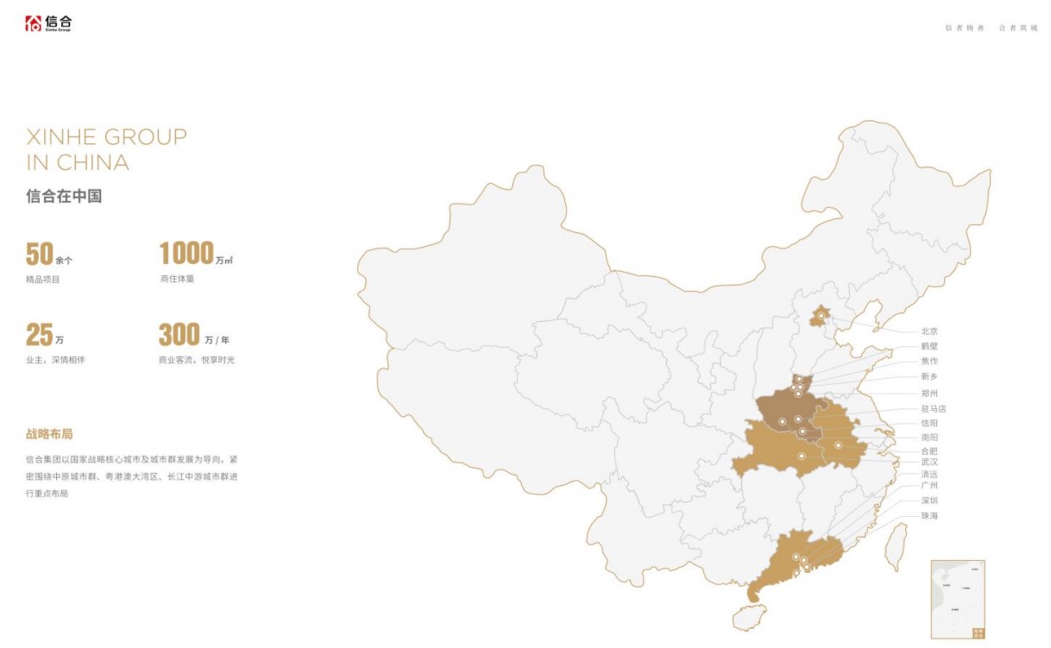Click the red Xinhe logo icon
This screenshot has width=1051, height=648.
(x=33, y=23)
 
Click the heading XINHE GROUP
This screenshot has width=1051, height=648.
(x=106, y=136)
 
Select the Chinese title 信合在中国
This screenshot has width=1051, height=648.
(x=64, y=196)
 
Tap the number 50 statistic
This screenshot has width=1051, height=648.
(x=40, y=255)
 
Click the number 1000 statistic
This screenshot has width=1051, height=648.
(x=186, y=254)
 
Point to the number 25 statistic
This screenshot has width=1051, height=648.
(x=40, y=334)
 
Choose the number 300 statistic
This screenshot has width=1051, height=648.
(x=179, y=334)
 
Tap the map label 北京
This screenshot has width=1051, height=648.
(x=929, y=331)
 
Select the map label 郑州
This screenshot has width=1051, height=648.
(x=929, y=393)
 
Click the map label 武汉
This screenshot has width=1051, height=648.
(x=929, y=462)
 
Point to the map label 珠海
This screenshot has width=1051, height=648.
(x=929, y=516)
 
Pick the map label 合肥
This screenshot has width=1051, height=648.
(x=929, y=451)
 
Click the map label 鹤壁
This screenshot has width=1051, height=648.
(x=929, y=346)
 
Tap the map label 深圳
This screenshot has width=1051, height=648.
(x=929, y=500)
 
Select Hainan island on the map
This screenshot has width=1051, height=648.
(x=748, y=617)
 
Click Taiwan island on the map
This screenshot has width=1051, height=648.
(x=897, y=547)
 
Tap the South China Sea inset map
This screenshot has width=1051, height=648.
(x=958, y=599)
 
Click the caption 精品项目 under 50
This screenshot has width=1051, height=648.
(x=43, y=280)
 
